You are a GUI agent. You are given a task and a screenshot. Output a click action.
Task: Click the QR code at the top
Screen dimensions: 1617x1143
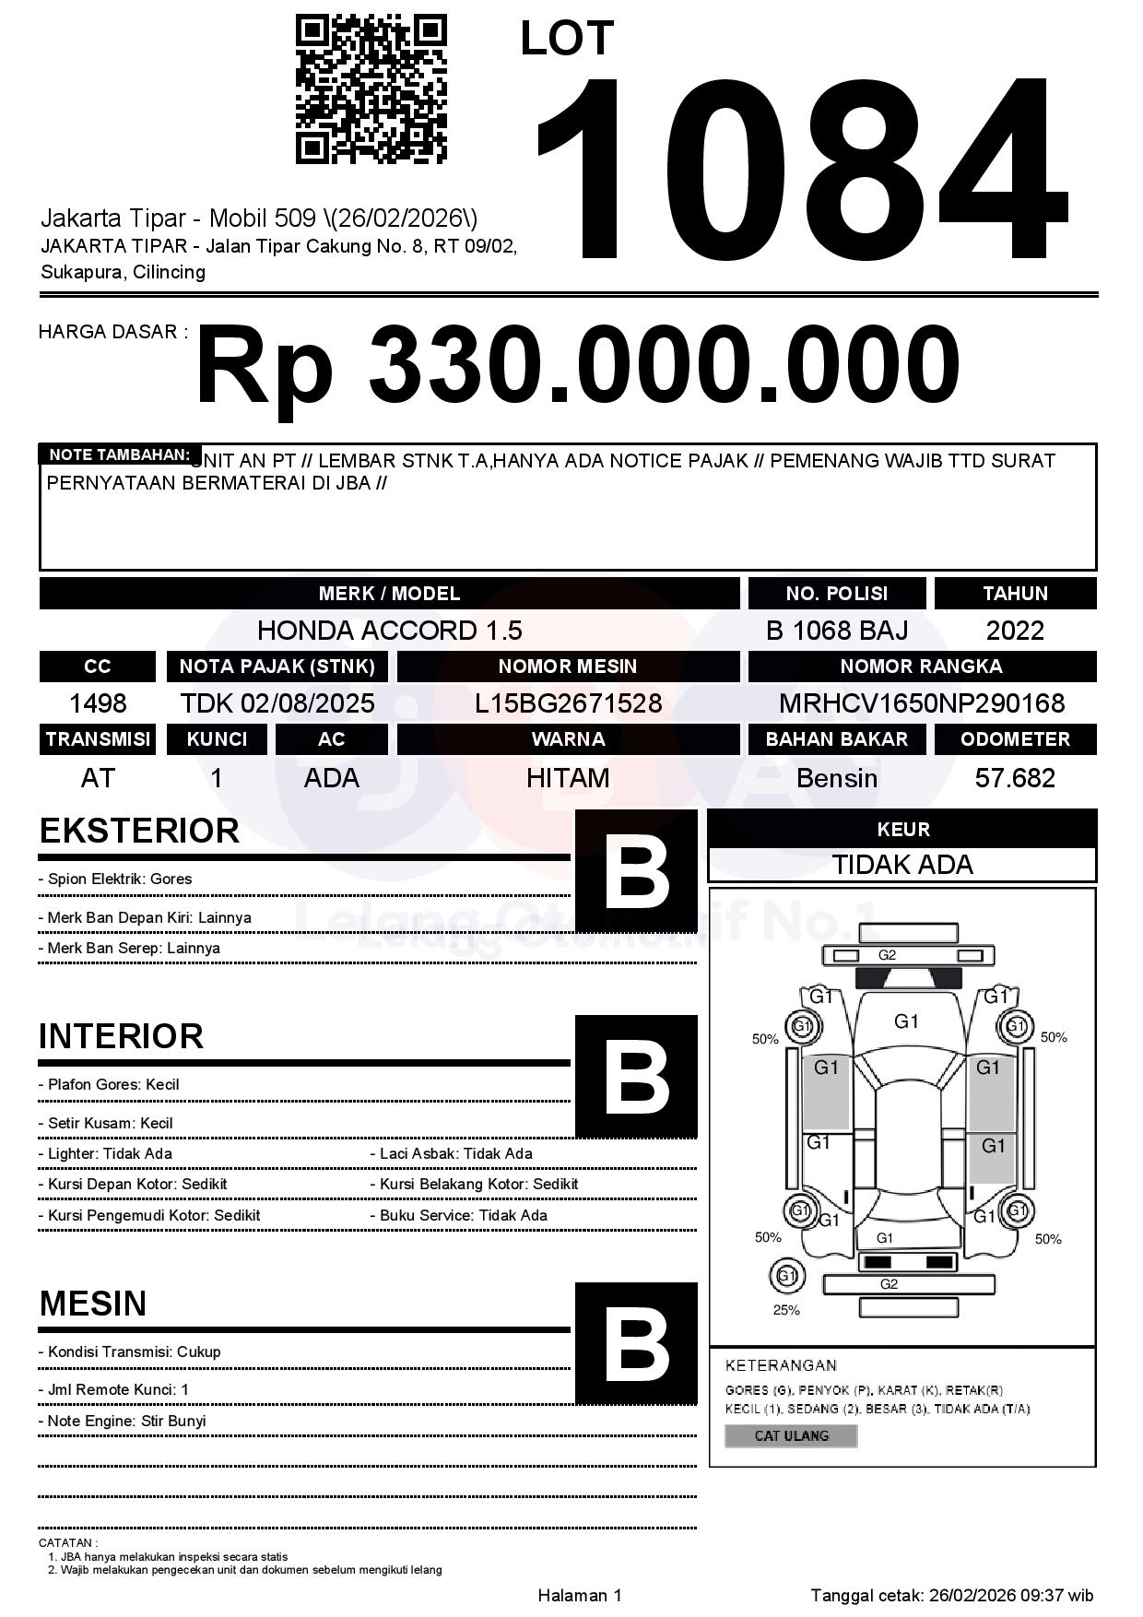point(371,89)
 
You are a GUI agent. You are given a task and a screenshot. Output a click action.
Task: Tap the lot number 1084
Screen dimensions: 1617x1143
point(800,168)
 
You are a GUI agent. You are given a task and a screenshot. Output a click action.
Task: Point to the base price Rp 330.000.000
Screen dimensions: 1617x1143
point(577,365)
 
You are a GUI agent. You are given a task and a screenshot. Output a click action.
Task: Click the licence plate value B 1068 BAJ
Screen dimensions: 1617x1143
point(836,631)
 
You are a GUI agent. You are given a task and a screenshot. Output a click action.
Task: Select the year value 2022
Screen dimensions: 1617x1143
point(1015,631)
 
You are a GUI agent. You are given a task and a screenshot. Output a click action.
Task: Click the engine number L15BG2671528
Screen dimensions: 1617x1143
point(568,703)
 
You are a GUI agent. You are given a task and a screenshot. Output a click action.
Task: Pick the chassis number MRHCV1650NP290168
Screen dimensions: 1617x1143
point(922,703)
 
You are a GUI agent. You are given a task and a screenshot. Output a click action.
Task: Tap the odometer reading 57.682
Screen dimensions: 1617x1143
point(1015,778)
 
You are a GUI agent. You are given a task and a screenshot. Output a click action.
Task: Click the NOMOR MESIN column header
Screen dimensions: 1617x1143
point(568,667)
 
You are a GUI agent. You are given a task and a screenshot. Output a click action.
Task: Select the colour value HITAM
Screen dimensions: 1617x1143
point(568,778)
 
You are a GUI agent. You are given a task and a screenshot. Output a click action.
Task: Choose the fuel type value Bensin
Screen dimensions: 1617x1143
point(836,778)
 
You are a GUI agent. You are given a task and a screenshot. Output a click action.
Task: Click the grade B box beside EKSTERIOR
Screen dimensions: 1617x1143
point(636,870)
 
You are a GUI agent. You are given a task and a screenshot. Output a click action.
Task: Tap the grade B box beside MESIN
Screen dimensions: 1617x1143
point(636,1343)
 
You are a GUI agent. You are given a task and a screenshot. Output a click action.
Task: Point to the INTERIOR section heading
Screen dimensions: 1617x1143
point(121,1036)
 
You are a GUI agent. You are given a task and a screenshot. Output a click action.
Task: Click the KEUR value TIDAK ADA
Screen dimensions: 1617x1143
point(902,865)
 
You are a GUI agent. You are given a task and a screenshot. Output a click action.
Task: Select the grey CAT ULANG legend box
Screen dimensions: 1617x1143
point(791,1435)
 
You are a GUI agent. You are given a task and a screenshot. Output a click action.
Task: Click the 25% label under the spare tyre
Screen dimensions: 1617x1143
point(786,1310)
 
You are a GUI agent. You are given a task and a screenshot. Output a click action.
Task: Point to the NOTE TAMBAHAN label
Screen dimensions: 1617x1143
point(119,454)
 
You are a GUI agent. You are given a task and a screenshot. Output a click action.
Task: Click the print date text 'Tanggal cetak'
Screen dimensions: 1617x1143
point(952,1595)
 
